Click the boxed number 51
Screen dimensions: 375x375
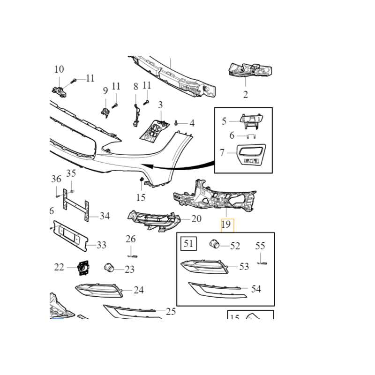coord(188,243)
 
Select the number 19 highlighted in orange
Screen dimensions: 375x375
coord(226,225)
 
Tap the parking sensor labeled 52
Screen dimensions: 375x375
coord(214,244)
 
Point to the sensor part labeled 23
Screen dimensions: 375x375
coord(109,267)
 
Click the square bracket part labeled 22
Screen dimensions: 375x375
coord(83,268)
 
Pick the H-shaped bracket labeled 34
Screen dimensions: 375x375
coord(75,205)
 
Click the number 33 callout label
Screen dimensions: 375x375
coord(101,245)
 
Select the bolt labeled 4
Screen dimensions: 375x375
coord(176,123)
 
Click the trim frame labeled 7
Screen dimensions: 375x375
coord(251,155)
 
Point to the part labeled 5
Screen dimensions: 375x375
coord(251,121)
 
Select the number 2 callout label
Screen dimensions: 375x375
coord(245,95)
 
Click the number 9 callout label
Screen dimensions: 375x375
coord(105,90)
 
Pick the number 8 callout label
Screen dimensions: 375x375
coord(135,87)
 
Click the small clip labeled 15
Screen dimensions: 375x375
coord(141,180)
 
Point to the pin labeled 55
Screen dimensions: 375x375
coord(262,263)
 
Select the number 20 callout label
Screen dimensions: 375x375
coord(196,218)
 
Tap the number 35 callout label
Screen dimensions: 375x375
coord(71,173)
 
